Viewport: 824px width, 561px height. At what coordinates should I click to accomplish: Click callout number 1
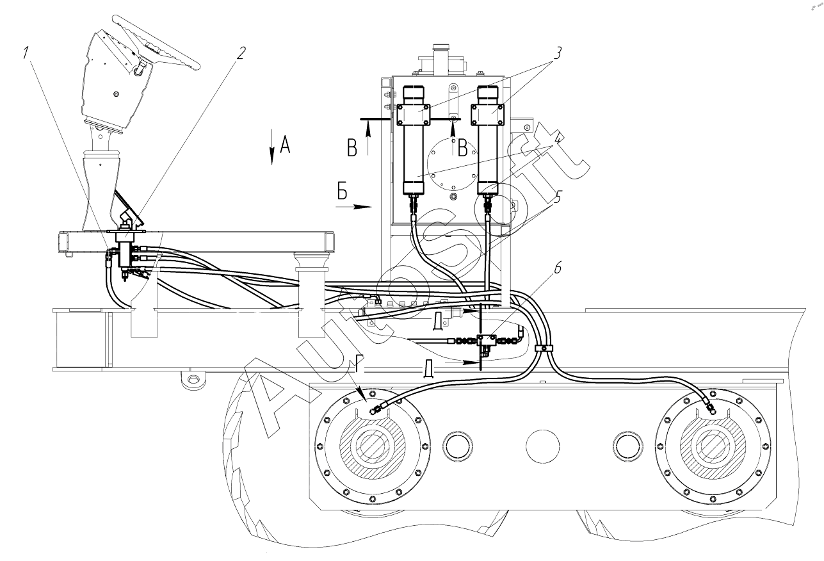(26, 53)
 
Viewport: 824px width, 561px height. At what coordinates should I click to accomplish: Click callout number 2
(240, 53)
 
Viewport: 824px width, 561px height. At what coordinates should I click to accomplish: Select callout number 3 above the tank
(557, 53)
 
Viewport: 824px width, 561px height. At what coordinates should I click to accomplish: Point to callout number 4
(558, 139)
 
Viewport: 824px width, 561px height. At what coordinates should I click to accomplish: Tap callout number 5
(557, 197)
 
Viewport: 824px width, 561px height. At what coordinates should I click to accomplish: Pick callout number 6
(558, 268)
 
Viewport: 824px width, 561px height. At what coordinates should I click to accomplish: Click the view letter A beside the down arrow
(285, 144)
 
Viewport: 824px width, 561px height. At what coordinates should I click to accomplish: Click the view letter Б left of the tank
(342, 191)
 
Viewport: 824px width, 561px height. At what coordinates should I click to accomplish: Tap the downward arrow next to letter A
(271, 147)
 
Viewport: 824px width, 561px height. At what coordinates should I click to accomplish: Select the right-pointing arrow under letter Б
(353, 207)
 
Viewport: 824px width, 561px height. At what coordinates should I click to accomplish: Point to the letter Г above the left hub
(360, 364)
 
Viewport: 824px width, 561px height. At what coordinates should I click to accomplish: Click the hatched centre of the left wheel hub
(372, 446)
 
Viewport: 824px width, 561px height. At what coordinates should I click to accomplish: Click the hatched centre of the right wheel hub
(713, 446)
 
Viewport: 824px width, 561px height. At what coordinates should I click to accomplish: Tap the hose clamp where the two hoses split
(544, 348)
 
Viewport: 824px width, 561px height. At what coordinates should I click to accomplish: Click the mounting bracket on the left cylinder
(414, 115)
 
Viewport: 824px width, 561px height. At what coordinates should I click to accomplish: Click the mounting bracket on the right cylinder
(487, 115)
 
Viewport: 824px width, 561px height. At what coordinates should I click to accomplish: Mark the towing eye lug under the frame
(193, 380)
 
